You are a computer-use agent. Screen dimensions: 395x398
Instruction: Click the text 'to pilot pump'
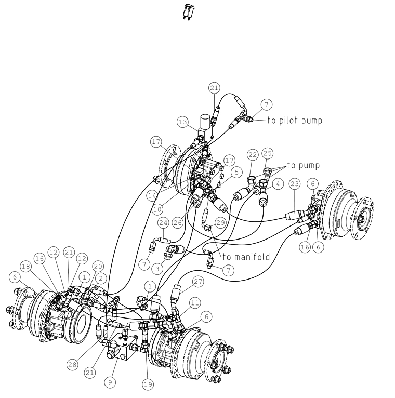pyautogui.click(x=295, y=121)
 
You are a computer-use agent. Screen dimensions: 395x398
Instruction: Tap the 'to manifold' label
pyautogui.click(x=246, y=257)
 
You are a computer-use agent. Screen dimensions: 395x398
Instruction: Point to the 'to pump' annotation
pyautogui.click(x=304, y=165)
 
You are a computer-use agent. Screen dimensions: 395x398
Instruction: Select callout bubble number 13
pyautogui.click(x=183, y=122)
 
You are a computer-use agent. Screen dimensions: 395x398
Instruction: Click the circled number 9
pyautogui.click(x=110, y=382)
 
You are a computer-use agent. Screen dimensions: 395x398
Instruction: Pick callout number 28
pyautogui.click(x=72, y=365)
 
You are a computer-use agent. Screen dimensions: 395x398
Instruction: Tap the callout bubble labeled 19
pyautogui.click(x=148, y=384)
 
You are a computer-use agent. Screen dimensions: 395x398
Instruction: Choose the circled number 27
pyautogui.click(x=198, y=282)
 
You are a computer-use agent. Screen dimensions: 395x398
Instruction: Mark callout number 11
pyautogui.click(x=195, y=303)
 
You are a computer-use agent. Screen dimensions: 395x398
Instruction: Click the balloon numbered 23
pyautogui.click(x=295, y=184)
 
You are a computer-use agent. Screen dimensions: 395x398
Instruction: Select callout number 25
pyautogui.click(x=267, y=153)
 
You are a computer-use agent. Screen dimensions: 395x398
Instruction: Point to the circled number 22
pyautogui.click(x=253, y=155)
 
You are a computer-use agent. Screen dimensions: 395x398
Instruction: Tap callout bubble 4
pyautogui.click(x=278, y=184)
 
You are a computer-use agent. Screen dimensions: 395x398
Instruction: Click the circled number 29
pyautogui.click(x=220, y=222)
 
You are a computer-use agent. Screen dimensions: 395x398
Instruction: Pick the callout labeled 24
pyautogui.click(x=163, y=223)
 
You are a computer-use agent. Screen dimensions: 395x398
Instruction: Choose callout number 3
pyautogui.click(x=157, y=269)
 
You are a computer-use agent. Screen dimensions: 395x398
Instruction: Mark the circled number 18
pyautogui.click(x=26, y=266)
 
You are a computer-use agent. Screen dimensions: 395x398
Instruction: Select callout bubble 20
pyautogui.click(x=98, y=266)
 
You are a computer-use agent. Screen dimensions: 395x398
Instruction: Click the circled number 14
pyautogui.click(x=152, y=196)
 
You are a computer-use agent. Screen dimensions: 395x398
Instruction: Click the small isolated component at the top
pyautogui.click(x=188, y=11)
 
